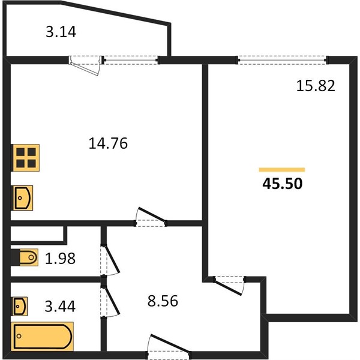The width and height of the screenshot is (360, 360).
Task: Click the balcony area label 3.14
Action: tap(61, 32)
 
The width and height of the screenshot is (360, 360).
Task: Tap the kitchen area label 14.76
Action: tap(108, 143)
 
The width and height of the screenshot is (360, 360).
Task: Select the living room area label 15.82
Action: tap(316, 86)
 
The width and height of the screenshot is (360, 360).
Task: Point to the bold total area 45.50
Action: tap(283, 184)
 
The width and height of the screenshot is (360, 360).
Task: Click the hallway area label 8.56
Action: tap(163, 301)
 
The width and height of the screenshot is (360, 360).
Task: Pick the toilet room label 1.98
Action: tap(60, 259)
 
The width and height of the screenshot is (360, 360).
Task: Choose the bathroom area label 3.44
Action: tap(60, 306)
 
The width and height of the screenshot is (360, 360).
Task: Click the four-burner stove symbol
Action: tap(26, 158)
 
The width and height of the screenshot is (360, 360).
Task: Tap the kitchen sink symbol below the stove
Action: tap(23, 198)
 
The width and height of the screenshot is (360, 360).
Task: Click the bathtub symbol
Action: tap(43, 337)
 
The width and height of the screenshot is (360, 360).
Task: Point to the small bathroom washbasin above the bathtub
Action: tap(20, 306)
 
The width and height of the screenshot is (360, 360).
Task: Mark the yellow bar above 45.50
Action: tap(282, 170)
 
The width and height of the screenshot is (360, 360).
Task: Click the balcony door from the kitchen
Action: tap(85, 64)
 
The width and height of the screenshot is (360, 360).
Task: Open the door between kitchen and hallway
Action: tap(151, 218)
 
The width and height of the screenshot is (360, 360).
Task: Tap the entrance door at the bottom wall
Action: tap(169, 347)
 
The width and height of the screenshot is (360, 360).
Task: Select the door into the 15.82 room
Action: tap(229, 284)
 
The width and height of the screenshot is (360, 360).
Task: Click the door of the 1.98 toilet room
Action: tap(110, 260)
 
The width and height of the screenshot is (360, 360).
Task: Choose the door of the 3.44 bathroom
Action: tap(110, 301)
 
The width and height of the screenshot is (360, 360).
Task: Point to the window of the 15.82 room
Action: tap(282, 61)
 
